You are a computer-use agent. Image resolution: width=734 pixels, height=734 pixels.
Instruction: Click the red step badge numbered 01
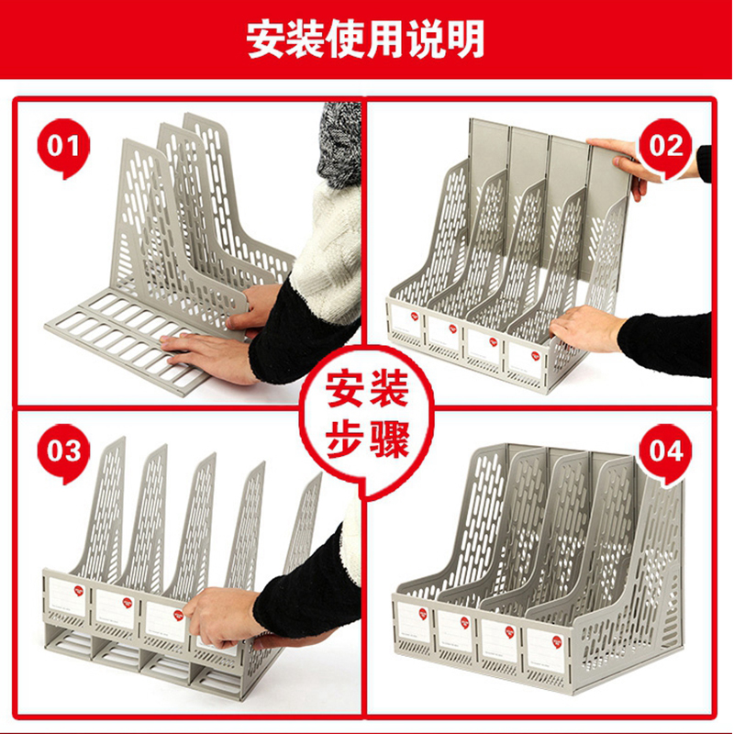point(63,148)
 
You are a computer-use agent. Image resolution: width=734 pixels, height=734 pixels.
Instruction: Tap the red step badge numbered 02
point(666,148)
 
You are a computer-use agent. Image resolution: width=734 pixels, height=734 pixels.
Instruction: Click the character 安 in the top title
point(266,39)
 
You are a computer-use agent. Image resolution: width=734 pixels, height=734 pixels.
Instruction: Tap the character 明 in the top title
point(465,39)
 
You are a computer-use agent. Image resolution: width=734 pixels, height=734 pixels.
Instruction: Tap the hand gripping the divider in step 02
point(585,328)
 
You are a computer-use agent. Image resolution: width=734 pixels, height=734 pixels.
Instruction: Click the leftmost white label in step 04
point(413,623)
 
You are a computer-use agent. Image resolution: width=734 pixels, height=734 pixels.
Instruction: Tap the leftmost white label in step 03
point(67,597)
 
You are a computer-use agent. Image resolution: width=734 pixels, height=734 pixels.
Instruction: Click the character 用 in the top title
point(385,39)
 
